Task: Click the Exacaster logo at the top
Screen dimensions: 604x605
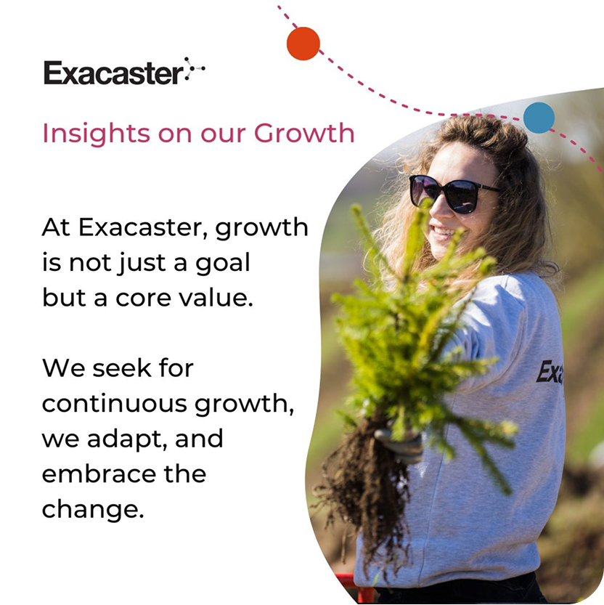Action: [x=124, y=71]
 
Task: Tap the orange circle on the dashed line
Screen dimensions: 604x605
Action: [x=303, y=44]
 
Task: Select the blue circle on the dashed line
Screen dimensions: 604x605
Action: [x=539, y=118]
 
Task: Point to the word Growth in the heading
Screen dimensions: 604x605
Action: [x=304, y=133]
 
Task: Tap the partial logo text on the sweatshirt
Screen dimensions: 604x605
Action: [x=550, y=372]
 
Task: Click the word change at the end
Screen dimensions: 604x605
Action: [x=93, y=511]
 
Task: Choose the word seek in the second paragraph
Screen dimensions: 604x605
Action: [x=122, y=368]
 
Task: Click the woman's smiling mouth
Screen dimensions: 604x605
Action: [x=443, y=232]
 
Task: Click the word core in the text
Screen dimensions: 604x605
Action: [x=143, y=299]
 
